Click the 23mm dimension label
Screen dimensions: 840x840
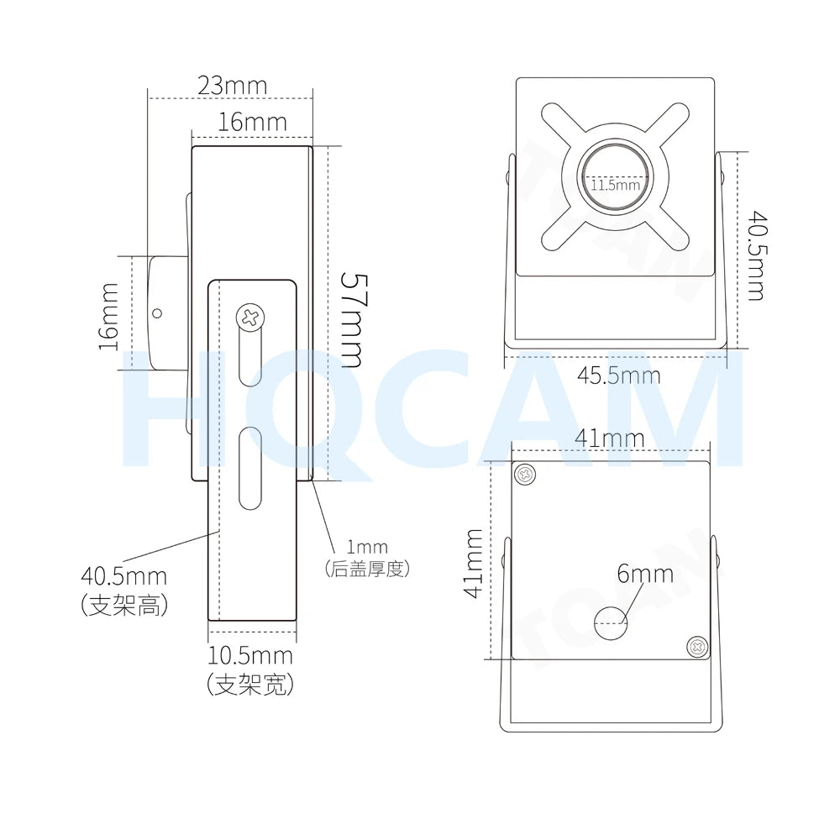pyautogui.click(x=232, y=86)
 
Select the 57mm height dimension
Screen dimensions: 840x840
pyautogui.click(x=353, y=320)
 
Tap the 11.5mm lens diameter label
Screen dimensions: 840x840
pyautogui.click(x=616, y=186)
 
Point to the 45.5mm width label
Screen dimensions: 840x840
pyautogui.click(x=618, y=375)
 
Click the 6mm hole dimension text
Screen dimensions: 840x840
pyautogui.click(x=645, y=574)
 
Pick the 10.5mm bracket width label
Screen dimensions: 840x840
pyautogui.click(x=250, y=656)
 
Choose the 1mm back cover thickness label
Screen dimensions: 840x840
pyautogui.click(x=367, y=547)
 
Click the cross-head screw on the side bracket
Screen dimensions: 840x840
pyautogui.click(x=250, y=318)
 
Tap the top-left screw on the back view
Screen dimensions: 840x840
pyautogui.click(x=526, y=474)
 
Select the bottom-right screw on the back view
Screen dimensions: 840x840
pyautogui.click(x=697, y=647)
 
